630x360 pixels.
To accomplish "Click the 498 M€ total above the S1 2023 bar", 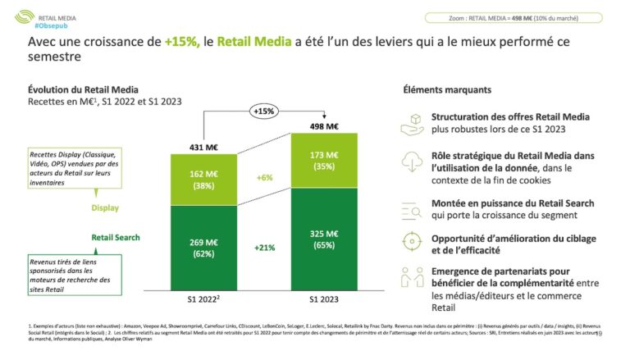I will pyautogui.click(x=326, y=126).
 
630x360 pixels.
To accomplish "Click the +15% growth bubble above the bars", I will pyautogui.click(x=264, y=111).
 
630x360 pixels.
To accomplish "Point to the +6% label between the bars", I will pyautogui.click(x=264, y=177).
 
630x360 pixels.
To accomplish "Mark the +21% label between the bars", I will pyautogui.click(x=264, y=248).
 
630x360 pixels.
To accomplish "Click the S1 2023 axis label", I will pyautogui.click(x=326, y=300).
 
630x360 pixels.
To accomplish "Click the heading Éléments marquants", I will pyautogui.click(x=448, y=89).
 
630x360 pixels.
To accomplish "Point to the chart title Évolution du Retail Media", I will pyautogui.click(x=83, y=89).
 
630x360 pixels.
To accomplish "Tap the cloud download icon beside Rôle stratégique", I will pyautogui.click(x=412, y=162).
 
